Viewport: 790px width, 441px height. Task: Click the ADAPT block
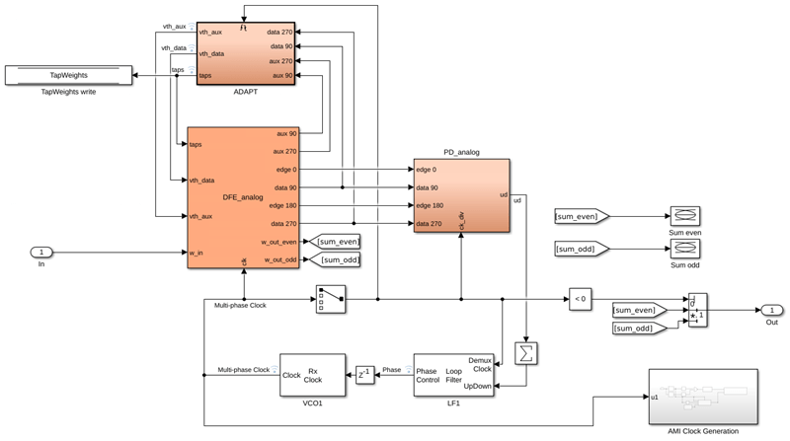pyautogui.click(x=246, y=54)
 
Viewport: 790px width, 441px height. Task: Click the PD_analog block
pyautogui.click(x=462, y=196)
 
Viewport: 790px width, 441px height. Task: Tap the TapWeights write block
pyautogui.click(x=68, y=75)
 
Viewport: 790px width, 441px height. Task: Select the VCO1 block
pyautogui.click(x=312, y=375)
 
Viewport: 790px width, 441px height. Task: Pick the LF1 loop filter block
pyautogui.click(x=452, y=375)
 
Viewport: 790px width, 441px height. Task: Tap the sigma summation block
pyautogui.click(x=526, y=352)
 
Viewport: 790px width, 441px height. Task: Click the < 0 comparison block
pyautogui.click(x=579, y=298)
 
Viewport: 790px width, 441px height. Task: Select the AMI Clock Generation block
pyautogui.click(x=702, y=396)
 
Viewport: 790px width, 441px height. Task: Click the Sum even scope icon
pyautogui.click(x=684, y=215)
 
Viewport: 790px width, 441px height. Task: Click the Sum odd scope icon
pyautogui.click(x=684, y=249)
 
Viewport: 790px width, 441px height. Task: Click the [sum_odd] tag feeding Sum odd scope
pyautogui.click(x=581, y=249)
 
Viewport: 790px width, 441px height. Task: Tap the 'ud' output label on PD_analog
pyautogui.click(x=504, y=196)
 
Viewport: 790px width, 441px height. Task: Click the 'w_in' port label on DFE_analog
pyautogui.click(x=197, y=252)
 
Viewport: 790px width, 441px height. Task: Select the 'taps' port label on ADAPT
pyautogui.click(x=205, y=75)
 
